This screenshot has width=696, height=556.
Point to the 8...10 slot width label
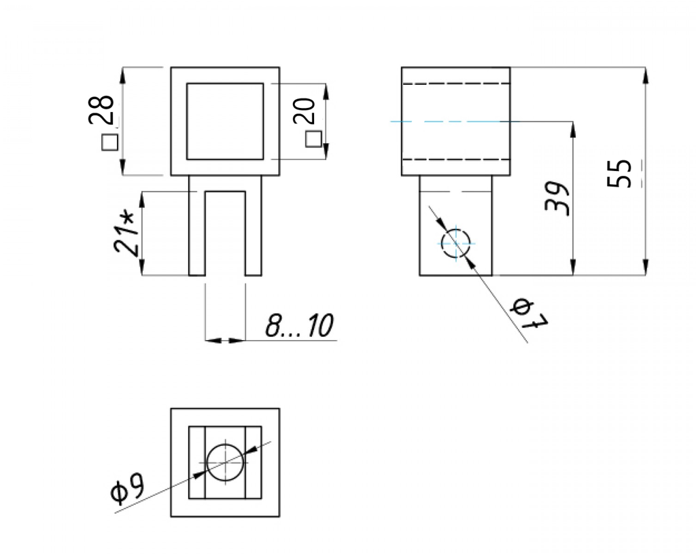pyautogui.click(x=299, y=327)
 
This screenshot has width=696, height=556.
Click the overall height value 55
pyautogui.click(x=621, y=174)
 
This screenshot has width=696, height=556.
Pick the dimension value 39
pyautogui.click(x=559, y=199)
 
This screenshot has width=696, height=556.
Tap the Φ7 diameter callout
pyautogui.click(x=529, y=316)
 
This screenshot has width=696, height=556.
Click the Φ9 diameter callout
pyautogui.click(x=127, y=489)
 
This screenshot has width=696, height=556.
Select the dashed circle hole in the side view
pyautogui.click(x=455, y=243)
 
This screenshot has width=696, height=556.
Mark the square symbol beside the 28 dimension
pyautogui.click(x=109, y=143)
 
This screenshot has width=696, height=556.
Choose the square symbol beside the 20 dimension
pyautogui.click(x=313, y=139)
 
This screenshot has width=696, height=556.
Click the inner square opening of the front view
pyautogui.click(x=224, y=121)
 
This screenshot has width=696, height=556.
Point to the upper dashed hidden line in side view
pyautogui.click(x=455, y=84)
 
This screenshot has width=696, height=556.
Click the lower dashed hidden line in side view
pyautogui.click(x=455, y=160)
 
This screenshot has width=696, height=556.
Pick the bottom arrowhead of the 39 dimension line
pyautogui.click(x=574, y=270)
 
